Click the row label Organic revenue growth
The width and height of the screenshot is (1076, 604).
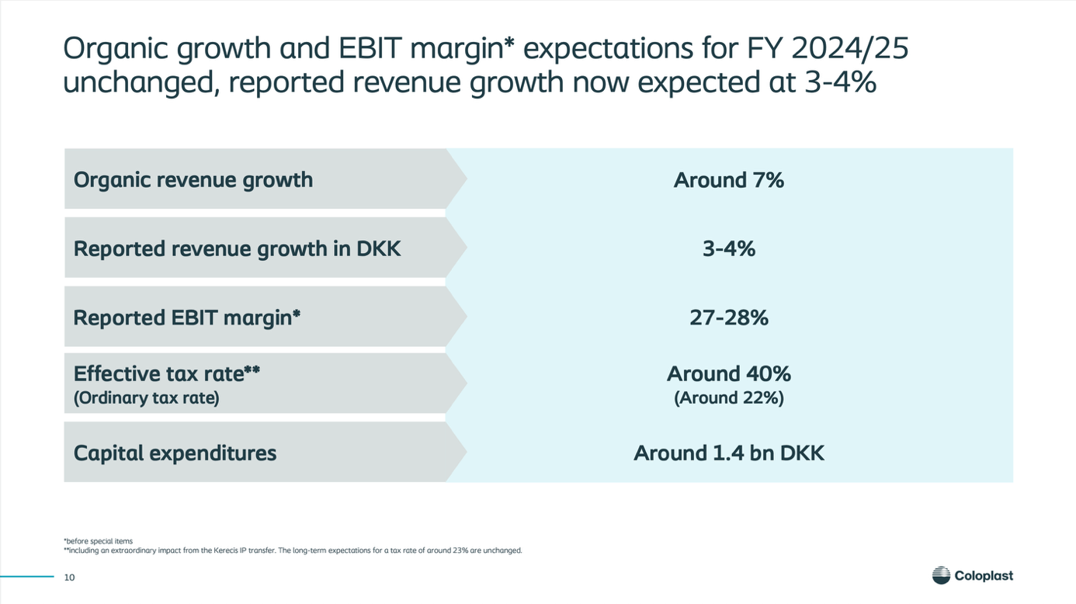coord(193,180)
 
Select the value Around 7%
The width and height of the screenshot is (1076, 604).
coord(728,180)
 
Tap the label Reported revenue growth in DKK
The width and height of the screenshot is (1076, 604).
coord(237,249)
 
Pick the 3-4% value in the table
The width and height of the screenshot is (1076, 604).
coord(728,249)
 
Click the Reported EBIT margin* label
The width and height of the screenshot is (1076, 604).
coord(186,318)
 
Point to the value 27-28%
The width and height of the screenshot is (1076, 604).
coord(728,318)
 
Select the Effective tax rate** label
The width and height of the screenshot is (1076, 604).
coord(166,374)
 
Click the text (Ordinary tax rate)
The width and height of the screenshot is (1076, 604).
coord(146,399)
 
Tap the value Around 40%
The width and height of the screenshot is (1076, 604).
coord(728,374)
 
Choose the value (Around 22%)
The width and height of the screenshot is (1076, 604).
coord(728,398)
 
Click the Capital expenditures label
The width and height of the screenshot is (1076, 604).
coord(175,453)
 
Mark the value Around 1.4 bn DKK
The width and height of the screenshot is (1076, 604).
coord(728,453)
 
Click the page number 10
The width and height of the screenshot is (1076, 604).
coord(69,577)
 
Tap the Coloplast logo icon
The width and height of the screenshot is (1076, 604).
coord(941,575)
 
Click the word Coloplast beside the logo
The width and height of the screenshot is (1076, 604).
coord(984,576)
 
